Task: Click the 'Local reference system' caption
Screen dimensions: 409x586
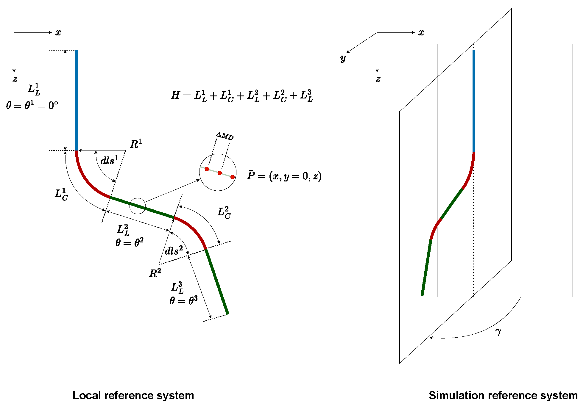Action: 133,395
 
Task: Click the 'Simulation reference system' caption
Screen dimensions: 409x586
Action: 503,395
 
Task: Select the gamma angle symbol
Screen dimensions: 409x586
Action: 498,332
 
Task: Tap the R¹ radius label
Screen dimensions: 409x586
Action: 136,144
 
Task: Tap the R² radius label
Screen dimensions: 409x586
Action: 155,273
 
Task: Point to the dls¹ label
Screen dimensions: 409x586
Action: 109,160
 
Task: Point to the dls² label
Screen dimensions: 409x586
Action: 174,251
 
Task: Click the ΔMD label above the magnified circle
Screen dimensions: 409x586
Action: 225,136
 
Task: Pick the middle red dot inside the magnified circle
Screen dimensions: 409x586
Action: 219,173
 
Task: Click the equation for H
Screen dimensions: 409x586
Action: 242,96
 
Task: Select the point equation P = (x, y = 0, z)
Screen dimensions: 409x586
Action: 284,176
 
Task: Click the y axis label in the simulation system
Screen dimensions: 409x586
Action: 343,58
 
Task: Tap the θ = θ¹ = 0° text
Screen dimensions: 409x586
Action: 32,105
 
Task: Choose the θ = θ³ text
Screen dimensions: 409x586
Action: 183,300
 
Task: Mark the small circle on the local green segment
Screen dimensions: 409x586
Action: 138,206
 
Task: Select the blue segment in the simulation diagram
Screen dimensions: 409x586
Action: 474,101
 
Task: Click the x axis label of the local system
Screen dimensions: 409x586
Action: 58,33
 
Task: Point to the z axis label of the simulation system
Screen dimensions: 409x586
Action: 378,79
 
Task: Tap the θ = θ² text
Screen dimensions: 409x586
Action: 130,242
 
